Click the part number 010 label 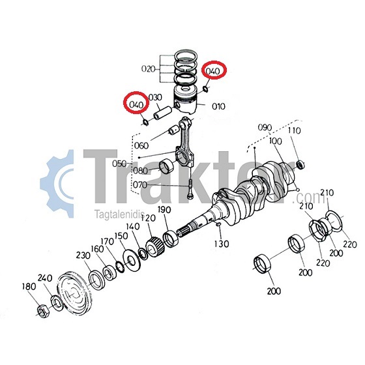[x=218, y=106]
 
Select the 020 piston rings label [x=149, y=69]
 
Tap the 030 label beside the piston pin [x=155, y=97]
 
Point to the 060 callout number [x=141, y=146]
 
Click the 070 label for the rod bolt [x=140, y=185]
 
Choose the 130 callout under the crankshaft [x=222, y=244]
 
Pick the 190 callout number [x=164, y=210]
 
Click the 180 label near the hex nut [x=29, y=287]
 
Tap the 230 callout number [x=83, y=255]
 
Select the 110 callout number [x=294, y=130]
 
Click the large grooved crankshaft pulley [x=74, y=292]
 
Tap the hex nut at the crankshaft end [x=43, y=311]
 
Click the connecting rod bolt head [x=190, y=196]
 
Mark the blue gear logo [x=57, y=184]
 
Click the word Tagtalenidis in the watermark [x=119, y=214]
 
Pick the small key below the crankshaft [x=218, y=224]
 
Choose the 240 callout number [x=45, y=278]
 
